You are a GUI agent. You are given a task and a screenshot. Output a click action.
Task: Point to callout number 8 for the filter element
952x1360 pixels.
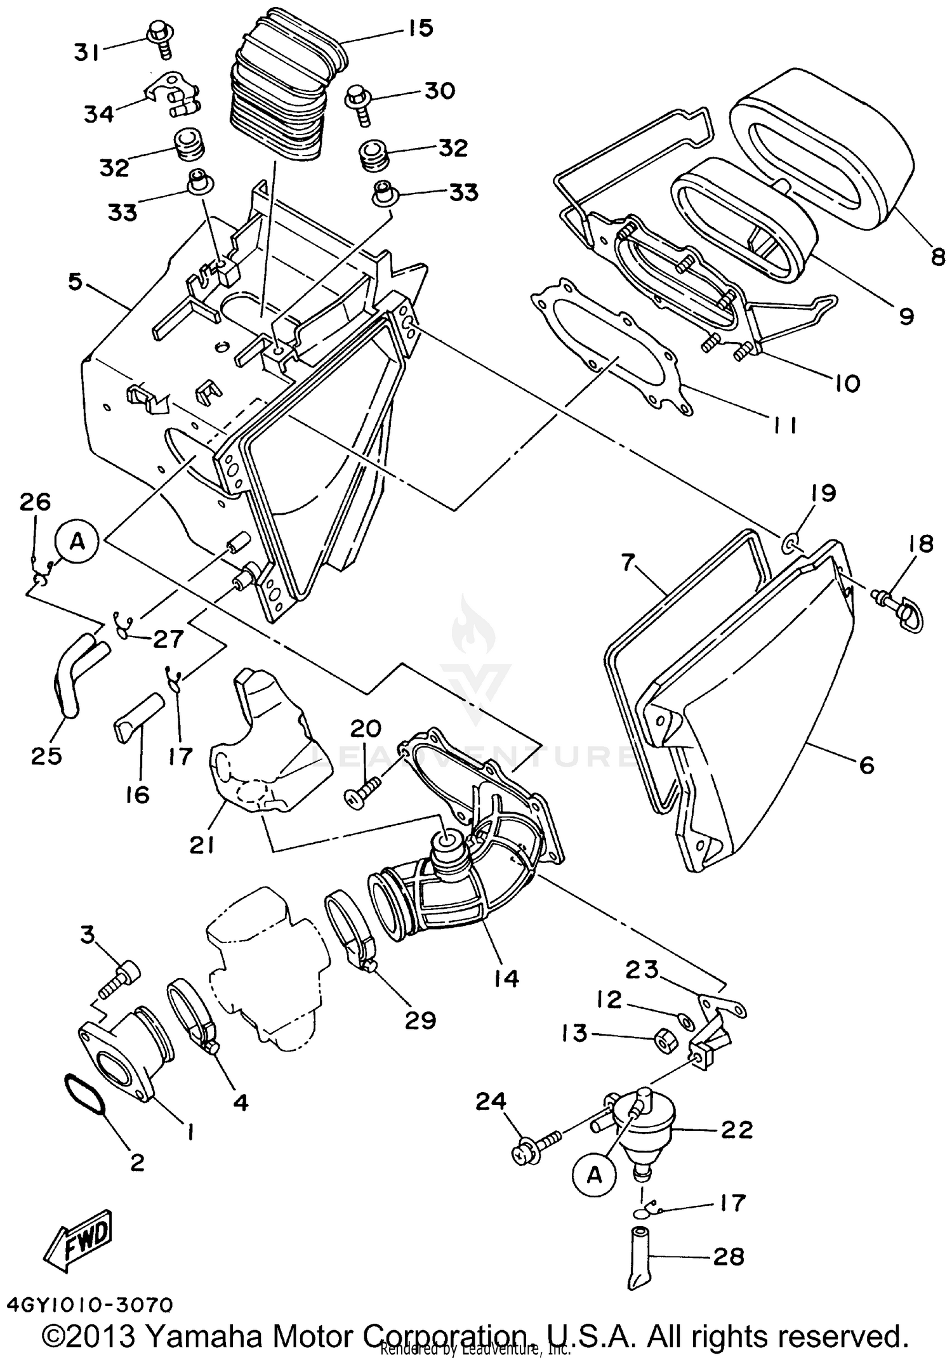937,256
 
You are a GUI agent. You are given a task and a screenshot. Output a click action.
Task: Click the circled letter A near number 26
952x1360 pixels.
77,542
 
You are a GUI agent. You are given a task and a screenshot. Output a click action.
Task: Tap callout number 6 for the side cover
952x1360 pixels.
866,765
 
